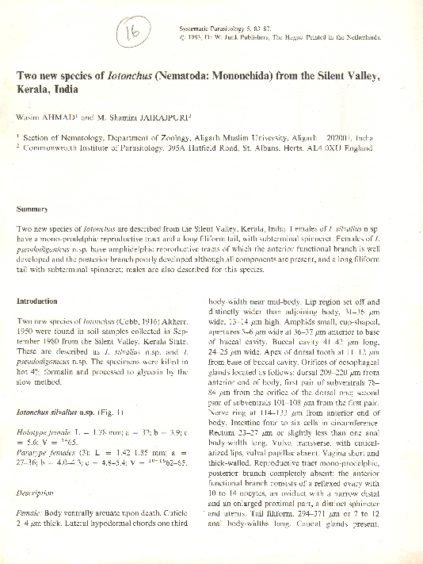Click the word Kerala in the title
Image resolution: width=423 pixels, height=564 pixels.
coord(36,90)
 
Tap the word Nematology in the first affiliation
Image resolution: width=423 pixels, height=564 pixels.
coord(78,136)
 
